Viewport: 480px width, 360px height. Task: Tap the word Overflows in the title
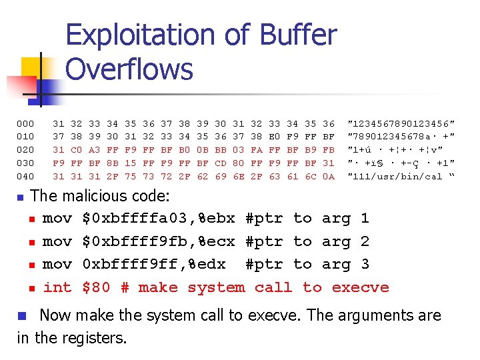[x=129, y=69]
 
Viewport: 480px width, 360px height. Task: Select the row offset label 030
[x=25, y=163]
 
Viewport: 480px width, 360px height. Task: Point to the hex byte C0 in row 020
[x=77, y=149]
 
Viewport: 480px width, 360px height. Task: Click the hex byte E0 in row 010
[x=275, y=137]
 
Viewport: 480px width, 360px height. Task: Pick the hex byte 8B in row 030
[x=113, y=163]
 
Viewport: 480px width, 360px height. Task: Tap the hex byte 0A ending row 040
[x=329, y=176]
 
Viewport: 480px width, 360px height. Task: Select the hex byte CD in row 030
[x=221, y=163]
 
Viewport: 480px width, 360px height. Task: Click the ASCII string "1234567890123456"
[x=401, y=123]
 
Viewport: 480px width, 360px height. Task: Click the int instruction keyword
[x=57, y=287]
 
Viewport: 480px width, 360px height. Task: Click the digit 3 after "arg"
[x=364, y=264]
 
